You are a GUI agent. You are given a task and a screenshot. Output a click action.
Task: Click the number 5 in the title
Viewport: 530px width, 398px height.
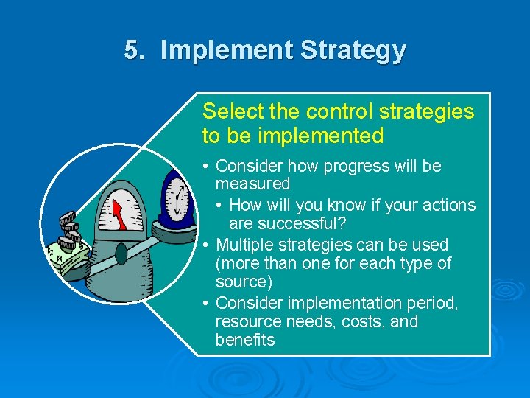point(132,50)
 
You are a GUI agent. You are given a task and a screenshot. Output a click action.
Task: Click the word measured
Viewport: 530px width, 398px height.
point(252,184)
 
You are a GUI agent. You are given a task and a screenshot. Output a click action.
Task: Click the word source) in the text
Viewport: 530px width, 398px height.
point(244,282)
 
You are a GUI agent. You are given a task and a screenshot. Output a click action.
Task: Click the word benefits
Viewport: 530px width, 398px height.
point(244,341)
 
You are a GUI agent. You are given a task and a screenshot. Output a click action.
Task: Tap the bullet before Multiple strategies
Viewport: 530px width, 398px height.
point(208,245)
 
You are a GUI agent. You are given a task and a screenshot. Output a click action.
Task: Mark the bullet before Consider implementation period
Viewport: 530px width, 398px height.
point(208,303)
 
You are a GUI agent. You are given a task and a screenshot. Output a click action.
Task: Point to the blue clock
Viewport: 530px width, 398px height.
point(177,198)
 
